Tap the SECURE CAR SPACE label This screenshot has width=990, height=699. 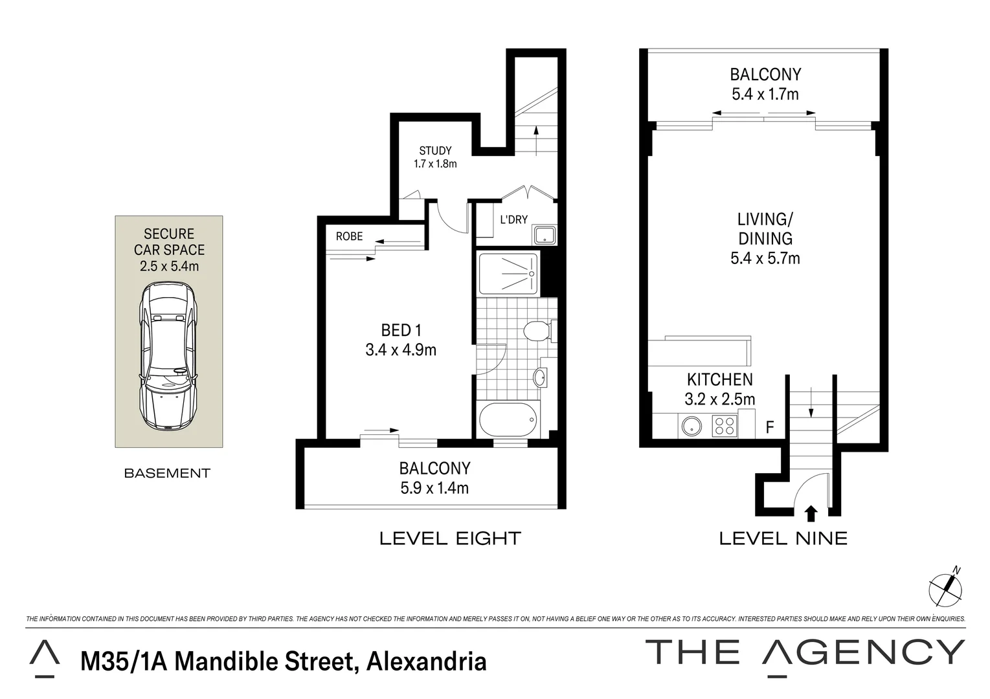[x=169, y=242]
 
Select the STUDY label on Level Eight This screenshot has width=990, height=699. [x=435, y=151]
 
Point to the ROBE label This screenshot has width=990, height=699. [x=349, y=237]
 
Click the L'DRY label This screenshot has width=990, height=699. [x=513, y=220]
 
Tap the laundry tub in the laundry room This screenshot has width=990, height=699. [x=544, y=234]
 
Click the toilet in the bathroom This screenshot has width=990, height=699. [x=537, y=331]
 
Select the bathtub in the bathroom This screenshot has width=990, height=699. [x=509, y=421]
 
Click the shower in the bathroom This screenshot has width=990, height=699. [x=508, y=273]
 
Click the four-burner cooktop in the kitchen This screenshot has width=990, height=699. [x=724, y=425]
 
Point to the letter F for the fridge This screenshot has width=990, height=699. [x=770, y=427]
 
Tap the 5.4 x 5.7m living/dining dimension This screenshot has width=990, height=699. [x=765, y=259]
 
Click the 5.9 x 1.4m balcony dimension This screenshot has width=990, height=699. [x=434, y=488]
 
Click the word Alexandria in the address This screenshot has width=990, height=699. [x=426, y=661]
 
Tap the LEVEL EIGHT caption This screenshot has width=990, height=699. [x=450, y=538]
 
